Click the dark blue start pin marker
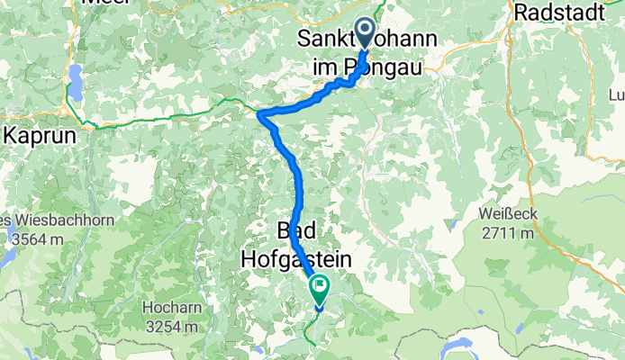click(366, 32)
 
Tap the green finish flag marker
click(320, 288)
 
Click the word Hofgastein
click(294, 258)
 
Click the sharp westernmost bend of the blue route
click(259, 114)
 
